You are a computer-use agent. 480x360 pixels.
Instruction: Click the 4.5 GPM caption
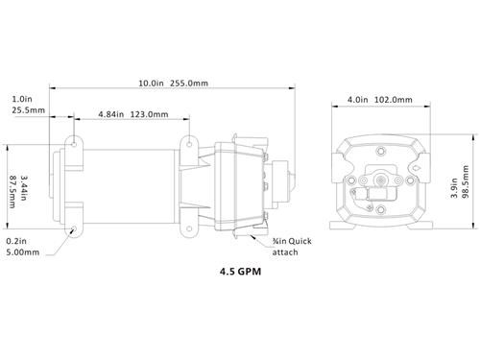[x=240, y=272]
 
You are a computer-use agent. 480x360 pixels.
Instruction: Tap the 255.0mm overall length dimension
[x=189, y=84]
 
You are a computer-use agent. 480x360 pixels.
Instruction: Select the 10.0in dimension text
[x=151, y=84]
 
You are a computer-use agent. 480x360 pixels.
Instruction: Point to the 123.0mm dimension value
[x=149, y=114]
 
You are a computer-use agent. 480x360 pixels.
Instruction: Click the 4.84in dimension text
[x=110, y=114]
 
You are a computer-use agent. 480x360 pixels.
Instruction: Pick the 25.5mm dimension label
[x=29, y=110]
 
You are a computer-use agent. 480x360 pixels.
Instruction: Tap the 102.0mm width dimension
[x=394, y=100]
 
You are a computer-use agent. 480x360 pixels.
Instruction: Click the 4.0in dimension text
[x=358, y=100]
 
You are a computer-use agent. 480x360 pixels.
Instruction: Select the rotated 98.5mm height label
[x=466, y=181]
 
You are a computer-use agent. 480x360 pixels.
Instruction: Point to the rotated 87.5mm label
[x=12, y=192]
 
